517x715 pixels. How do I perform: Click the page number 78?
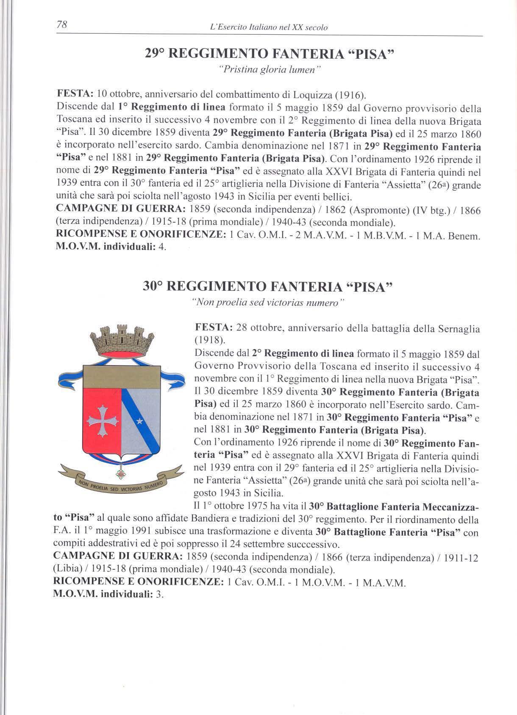coord(63,25)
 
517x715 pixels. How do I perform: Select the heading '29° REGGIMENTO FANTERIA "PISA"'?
coord(270,54)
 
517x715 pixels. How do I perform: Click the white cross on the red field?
coord(102,420)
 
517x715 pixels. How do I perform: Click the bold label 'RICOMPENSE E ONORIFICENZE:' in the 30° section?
coord(138,582)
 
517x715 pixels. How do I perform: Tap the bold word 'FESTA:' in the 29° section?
coord(75,93)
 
